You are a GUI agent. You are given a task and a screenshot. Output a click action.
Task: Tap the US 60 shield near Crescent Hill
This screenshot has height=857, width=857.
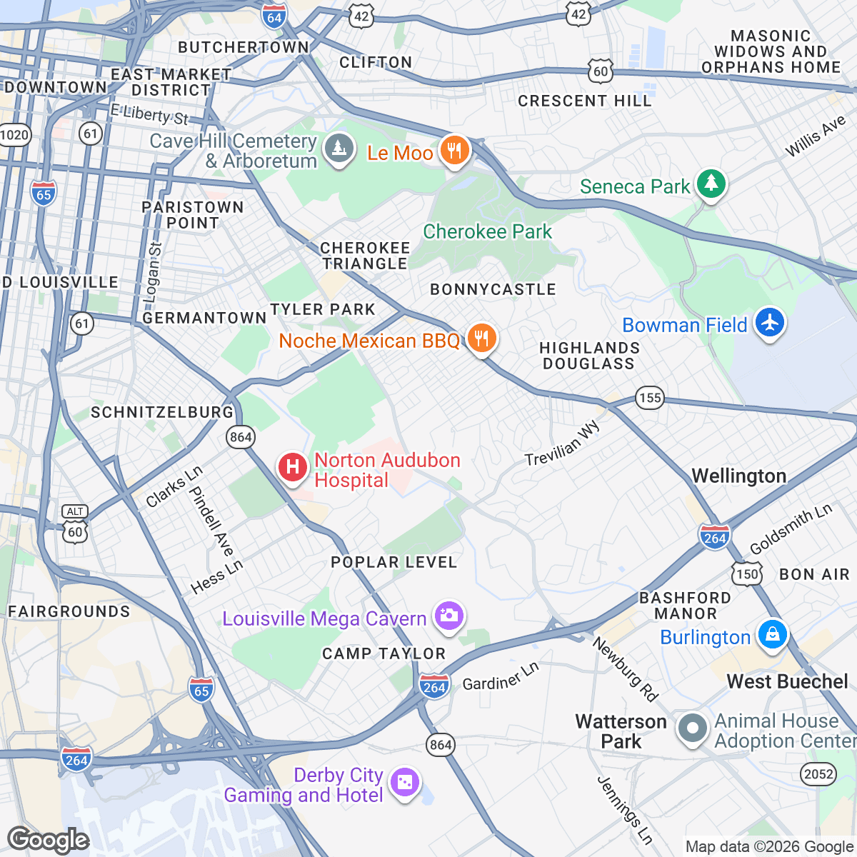pyautogui.click(x=601, y=70)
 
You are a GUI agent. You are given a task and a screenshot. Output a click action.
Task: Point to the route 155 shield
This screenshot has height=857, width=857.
pyautogui.click(x=649, y=398)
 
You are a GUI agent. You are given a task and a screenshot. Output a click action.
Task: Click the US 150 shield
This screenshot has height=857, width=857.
pyautogui.click(x=747, y=573)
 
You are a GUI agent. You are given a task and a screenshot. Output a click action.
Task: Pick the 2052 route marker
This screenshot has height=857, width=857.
pyautogui.click(x=818, y=773)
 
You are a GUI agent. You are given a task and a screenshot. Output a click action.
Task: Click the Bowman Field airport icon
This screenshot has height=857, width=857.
pyautogui.click(x=769, y=322)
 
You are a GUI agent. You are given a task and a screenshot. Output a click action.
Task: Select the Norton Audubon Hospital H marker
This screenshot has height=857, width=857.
pyautogui.click(x=292, y=468)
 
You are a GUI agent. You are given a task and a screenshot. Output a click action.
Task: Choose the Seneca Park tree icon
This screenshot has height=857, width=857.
pyautogui.click(x=711, y=184)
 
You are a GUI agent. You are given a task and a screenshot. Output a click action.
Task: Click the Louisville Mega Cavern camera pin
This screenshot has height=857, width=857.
pyautogui.click(x=449, y=616)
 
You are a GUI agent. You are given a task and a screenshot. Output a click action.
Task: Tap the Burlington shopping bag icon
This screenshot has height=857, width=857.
pyautogui.click(x=772, y=634)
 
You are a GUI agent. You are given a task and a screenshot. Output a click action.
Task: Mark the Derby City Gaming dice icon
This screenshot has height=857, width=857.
pyautogui.click(x=405, y=783)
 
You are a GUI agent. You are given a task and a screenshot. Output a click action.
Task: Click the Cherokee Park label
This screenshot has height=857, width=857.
pyautogui.click(x=487, y=231)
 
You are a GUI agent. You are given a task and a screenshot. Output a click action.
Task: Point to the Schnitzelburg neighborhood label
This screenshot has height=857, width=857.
pyautogui.click(x=162, y=412)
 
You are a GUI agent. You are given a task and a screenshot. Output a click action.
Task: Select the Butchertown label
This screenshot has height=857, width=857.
pyautogui.click(x=244, y=47)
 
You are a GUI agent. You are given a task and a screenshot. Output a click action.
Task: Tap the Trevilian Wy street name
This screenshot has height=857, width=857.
pyautogui.click(x=563, y=443)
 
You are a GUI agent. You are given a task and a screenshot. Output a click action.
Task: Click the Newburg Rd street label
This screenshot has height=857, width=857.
pyautogui.click(x=625, y=669)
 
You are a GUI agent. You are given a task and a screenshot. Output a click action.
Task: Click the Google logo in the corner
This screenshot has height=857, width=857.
pyautogui.click(x=48, y=840)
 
